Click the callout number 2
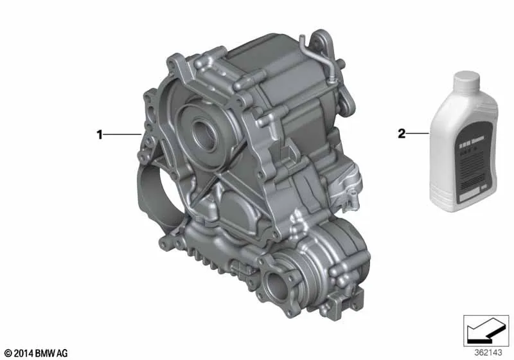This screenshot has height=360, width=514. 402,134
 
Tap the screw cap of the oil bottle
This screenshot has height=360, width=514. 472,82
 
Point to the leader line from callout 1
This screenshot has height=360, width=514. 123,134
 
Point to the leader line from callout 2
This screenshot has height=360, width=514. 418,134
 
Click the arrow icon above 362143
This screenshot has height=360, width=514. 481,331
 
